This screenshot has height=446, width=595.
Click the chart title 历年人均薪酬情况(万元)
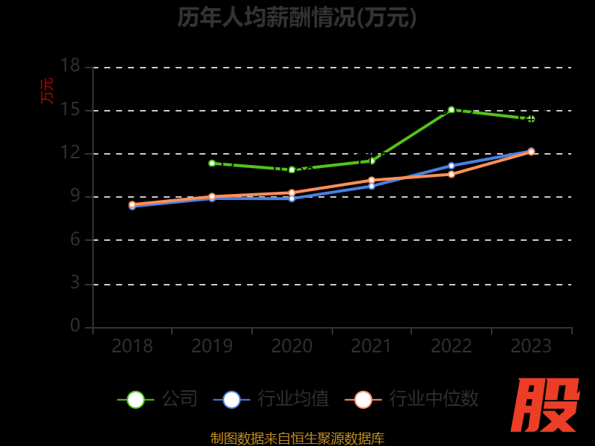pos(297,17)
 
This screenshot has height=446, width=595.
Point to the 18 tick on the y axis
pos(70,66)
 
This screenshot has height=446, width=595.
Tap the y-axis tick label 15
pos(70,109)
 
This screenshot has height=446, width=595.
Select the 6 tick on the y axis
pos(74,239)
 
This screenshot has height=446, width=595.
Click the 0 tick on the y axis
pos(74,326)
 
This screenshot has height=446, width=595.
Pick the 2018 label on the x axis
pos(132,346)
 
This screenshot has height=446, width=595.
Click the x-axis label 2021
pos(371,346)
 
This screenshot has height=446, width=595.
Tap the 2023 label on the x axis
pos(531,346)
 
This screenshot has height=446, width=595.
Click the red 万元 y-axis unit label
pos(48,91)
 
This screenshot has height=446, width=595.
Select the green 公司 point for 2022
pos(451,110)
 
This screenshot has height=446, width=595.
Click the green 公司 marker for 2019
pos(212,163)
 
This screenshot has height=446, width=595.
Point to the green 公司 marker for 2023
pos(531,119)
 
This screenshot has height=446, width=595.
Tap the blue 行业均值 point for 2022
pos(451,166)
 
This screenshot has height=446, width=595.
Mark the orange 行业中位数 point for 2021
pos(372,180)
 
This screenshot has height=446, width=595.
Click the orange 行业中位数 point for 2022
pos(451,174)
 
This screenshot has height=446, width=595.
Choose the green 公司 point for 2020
pos(292,169)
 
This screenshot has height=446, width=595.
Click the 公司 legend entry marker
pos(135,399)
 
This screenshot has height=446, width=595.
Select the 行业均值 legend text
pos(293,399)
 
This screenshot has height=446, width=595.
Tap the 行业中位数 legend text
pos(434,399)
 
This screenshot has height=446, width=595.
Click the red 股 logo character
pos(546,405)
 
